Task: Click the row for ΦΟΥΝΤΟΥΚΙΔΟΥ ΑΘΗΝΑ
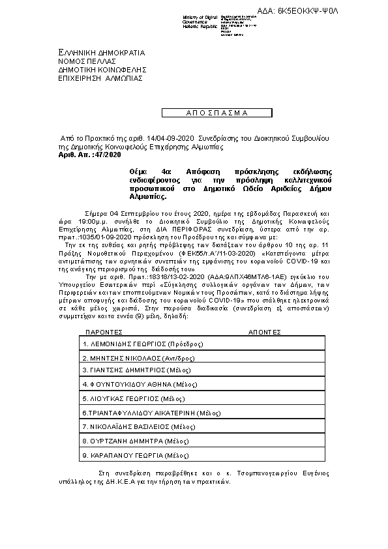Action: coord(127,384)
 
